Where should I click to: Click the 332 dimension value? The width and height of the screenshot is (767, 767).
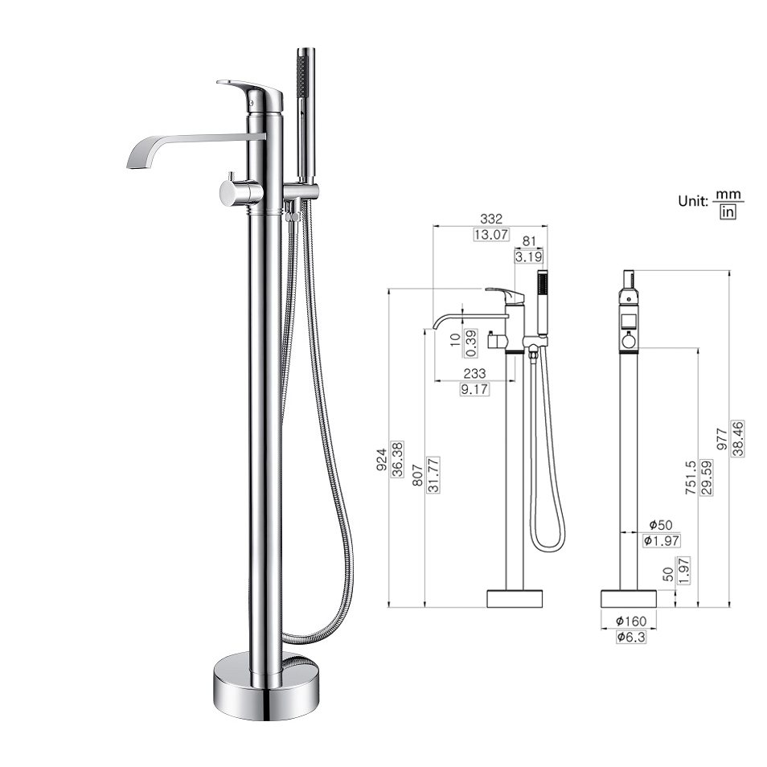coord(490,219)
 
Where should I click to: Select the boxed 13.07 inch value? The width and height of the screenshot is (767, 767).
coord(490,235)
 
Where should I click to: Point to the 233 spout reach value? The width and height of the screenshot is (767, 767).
coord(475,373)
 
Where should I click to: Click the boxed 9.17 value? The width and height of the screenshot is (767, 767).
coord(475,389)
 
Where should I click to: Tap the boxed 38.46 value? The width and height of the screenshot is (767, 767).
coord(738,439)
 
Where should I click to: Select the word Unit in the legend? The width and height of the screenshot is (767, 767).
coord(692,200)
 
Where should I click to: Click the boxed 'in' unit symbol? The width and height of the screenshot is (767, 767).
coord(728,211)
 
